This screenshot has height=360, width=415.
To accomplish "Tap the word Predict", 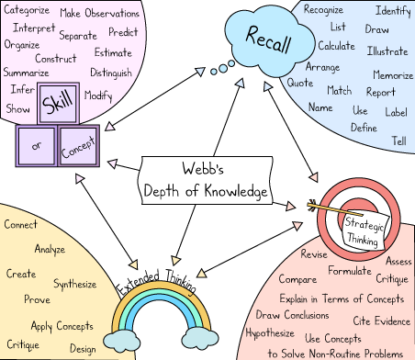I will [117, 32].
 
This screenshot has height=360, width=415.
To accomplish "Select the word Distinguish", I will [111, 73].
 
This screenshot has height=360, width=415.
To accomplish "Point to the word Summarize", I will [26, 73].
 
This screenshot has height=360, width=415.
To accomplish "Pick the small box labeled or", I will [36, 145].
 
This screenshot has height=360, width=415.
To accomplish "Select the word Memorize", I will [393, 75].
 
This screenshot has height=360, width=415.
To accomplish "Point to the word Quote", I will [299, 83].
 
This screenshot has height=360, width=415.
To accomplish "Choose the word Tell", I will [398, 141].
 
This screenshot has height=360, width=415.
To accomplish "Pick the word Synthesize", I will [74, 284].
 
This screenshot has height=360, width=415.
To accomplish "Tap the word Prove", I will [37, 299].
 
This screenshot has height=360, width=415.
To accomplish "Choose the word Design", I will [83, 349].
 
